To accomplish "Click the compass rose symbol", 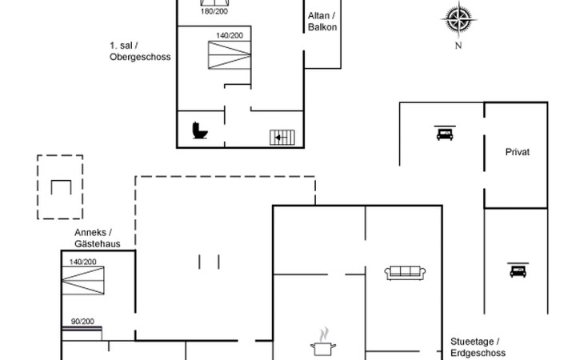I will (458, 18).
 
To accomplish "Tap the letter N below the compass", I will (458, 46).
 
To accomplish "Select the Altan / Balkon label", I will (322, 22).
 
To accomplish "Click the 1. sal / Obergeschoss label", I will (140, 52).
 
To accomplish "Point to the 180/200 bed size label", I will (214, 10).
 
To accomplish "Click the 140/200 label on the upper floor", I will (230, 36).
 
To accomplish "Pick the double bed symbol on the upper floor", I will (230, 56).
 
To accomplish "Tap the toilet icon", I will (200, 130).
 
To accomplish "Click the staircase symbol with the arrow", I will (282, 137).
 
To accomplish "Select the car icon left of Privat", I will (444, 133).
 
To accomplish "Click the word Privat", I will (518, 152).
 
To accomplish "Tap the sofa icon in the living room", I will (406, 273).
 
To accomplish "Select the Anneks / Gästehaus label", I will (97, 238).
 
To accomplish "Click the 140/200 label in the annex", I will (82, 262).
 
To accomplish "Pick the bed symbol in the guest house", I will (84, 282).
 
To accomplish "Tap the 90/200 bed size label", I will (82, 322).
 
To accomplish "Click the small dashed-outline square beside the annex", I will (60, 186).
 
